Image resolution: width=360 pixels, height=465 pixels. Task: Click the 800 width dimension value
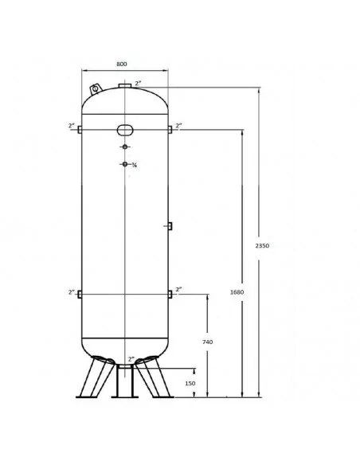click(122, 64)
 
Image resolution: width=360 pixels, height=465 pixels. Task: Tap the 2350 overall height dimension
click(262, 245)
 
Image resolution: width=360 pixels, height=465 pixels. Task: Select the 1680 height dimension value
click(237, 292)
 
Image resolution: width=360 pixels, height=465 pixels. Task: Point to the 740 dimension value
click(208, 342)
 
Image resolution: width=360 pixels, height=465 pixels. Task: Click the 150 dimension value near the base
click(190, 383)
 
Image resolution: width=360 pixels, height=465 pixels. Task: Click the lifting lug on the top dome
click(96, 88)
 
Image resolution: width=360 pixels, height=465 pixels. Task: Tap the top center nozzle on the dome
click(125, 86)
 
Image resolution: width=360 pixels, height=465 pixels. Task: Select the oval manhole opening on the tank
click(125, 130)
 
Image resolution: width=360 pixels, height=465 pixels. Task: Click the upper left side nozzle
click(80, 130)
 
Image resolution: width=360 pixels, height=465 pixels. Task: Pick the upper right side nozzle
click(170, 130)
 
